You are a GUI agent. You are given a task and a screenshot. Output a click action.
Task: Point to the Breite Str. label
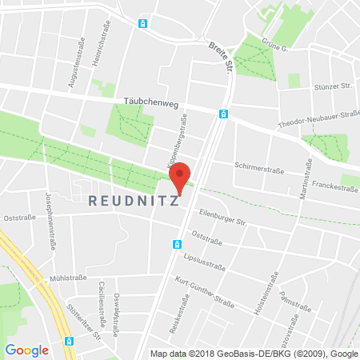[x=218, y=55]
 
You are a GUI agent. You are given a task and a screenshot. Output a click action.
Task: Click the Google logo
[x=26, y=349]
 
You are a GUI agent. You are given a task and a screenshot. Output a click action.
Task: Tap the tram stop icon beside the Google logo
[x=69, y=341]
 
